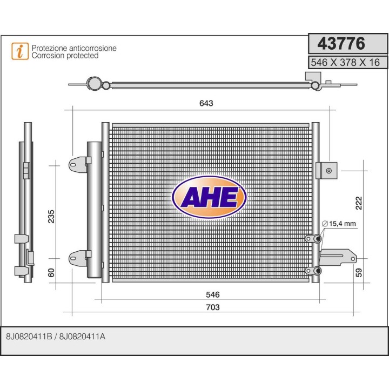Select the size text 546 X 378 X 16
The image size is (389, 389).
(346, 62)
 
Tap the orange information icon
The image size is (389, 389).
(21, 51)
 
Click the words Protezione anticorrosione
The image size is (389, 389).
(74, 48)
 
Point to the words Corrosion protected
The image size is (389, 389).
(65, 56)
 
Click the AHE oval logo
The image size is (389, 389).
(209, 197)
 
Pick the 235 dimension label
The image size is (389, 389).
(52, 216)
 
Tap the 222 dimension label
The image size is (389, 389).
(359, 202)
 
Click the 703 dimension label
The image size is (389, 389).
(213, 307)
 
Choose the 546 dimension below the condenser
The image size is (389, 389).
(213, 295)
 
